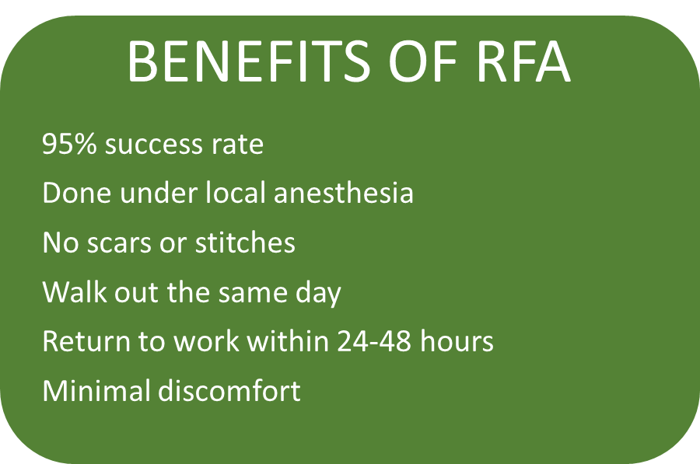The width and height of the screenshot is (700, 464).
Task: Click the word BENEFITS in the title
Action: pos(249,61)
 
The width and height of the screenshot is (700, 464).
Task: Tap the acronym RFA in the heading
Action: pos(524,61)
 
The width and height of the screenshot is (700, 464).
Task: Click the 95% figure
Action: pos(69,144)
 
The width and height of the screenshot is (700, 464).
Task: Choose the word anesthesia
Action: pos(344,193)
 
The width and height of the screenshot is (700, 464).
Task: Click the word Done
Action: pos(76,194)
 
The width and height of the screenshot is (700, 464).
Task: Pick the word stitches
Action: pos(245,242)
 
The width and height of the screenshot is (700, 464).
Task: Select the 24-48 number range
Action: pos(374,341)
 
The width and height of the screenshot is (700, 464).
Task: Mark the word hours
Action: pos(457,341)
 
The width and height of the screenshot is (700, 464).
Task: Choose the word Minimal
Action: pos(96,390)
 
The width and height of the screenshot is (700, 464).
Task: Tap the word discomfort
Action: pos(229,390)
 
